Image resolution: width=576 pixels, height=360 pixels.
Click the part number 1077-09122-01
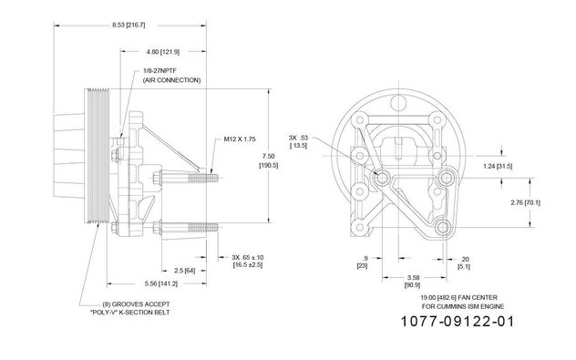pos(457,322)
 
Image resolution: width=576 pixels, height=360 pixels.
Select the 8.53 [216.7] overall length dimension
pos(129,25)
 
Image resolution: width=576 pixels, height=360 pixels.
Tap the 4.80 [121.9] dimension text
pos(163,52)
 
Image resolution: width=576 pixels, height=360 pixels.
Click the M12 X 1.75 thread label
pos(240,139)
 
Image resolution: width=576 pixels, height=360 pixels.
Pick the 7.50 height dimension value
pos(269,157)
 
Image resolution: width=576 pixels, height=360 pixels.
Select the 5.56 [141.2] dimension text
pos(161,283)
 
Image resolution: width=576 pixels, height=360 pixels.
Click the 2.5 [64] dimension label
pos(184,271)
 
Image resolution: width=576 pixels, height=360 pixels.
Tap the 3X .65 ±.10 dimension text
pos(248,257)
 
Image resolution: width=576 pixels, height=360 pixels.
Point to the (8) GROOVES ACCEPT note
pos(136,304)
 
